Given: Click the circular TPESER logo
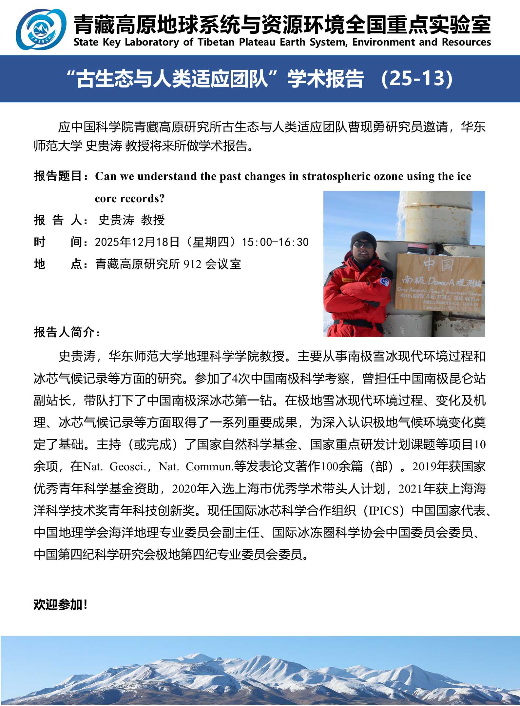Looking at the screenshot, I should (x=41, y=29).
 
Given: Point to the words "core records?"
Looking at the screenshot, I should (x=130, y=199).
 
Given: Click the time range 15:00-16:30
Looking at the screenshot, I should (x=275, y=242).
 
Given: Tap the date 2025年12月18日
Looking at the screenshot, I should (x=137, y=242).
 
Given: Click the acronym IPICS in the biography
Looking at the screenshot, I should (x=384, y=511).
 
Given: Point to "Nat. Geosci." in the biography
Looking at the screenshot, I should (x=115, y=467).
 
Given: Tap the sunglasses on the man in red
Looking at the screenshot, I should (x=364, y=245).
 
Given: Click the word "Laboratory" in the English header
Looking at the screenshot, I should (x=152, y=42).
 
